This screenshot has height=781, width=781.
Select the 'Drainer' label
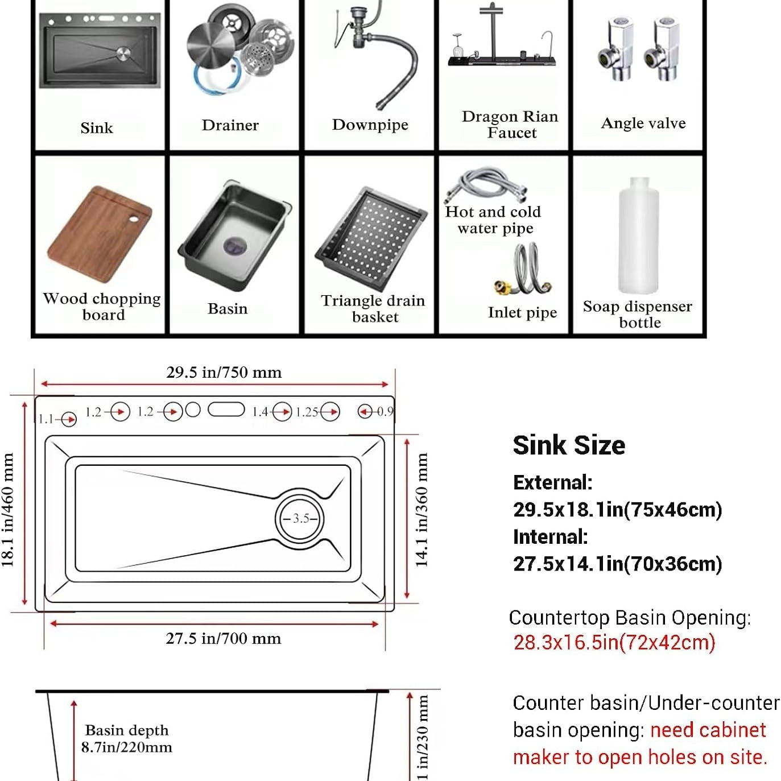(x=230, y=125)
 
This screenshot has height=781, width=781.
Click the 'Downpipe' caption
(x=370, y=125)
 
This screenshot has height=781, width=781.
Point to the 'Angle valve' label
(x=643, y=123)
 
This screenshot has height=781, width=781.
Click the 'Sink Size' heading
(x=568, y=445)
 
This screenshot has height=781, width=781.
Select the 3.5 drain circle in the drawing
(x=301, y=518)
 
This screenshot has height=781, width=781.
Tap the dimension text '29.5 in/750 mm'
(x=224, y=373)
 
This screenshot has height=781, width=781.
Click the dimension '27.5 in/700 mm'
(x=223, y=638)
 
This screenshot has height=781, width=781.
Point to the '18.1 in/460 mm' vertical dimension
(x=8, y=510)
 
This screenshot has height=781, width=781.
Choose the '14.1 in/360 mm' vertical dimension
(x=422, y=510)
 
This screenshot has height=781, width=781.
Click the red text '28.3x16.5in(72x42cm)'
(x=614, y=642)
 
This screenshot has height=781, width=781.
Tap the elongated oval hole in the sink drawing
(x=226, y=410)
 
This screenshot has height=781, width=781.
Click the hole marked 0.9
(x=365, y=411)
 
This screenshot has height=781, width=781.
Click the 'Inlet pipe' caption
(x=522, y=312)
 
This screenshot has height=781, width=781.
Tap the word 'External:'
(x=552, y=482)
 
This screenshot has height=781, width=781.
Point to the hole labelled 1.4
(x=282, y=411)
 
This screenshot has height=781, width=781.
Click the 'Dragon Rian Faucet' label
(x=510, y=125)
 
